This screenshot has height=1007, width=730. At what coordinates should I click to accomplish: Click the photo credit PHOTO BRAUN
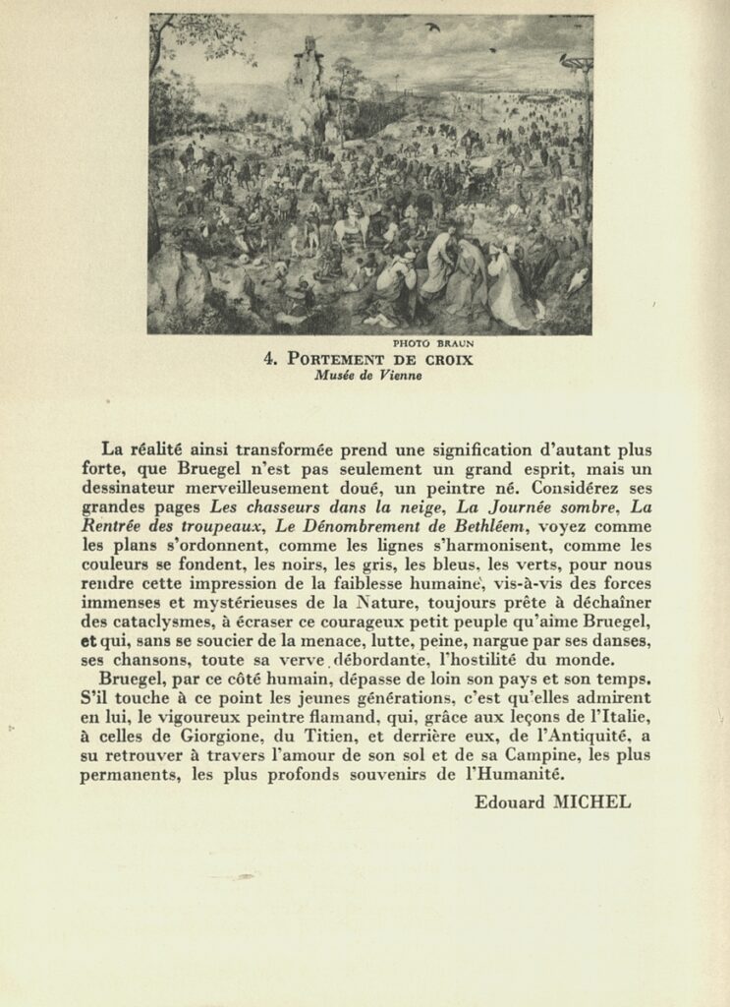coord(432,343)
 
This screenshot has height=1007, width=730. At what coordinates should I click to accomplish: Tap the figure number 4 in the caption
coord(270,360)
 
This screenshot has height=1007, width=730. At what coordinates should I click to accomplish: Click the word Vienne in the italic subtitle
coord(400,375)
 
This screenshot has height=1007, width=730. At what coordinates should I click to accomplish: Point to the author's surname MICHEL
coord(592,801)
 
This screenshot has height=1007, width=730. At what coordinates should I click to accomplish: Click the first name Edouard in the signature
coord(509,801)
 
